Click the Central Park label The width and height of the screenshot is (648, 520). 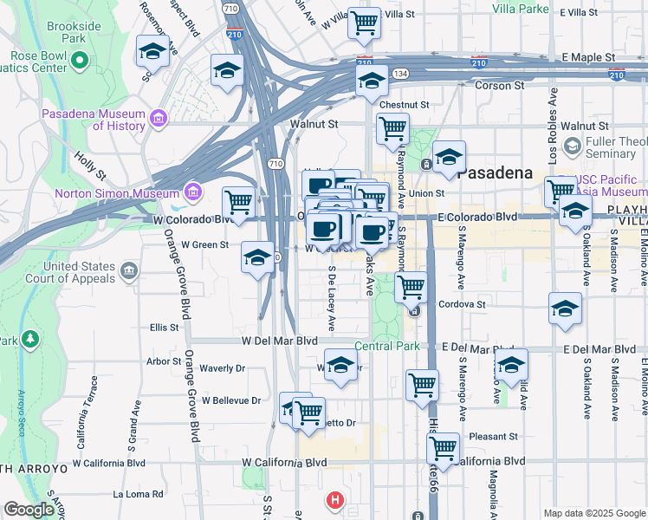click(386, 347)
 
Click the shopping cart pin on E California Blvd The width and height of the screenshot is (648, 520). click(443, 449)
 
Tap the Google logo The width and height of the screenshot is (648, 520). click(29, 510)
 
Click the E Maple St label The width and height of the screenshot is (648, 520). click(588, 57)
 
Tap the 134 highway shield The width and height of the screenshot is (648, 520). click(399, 75)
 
